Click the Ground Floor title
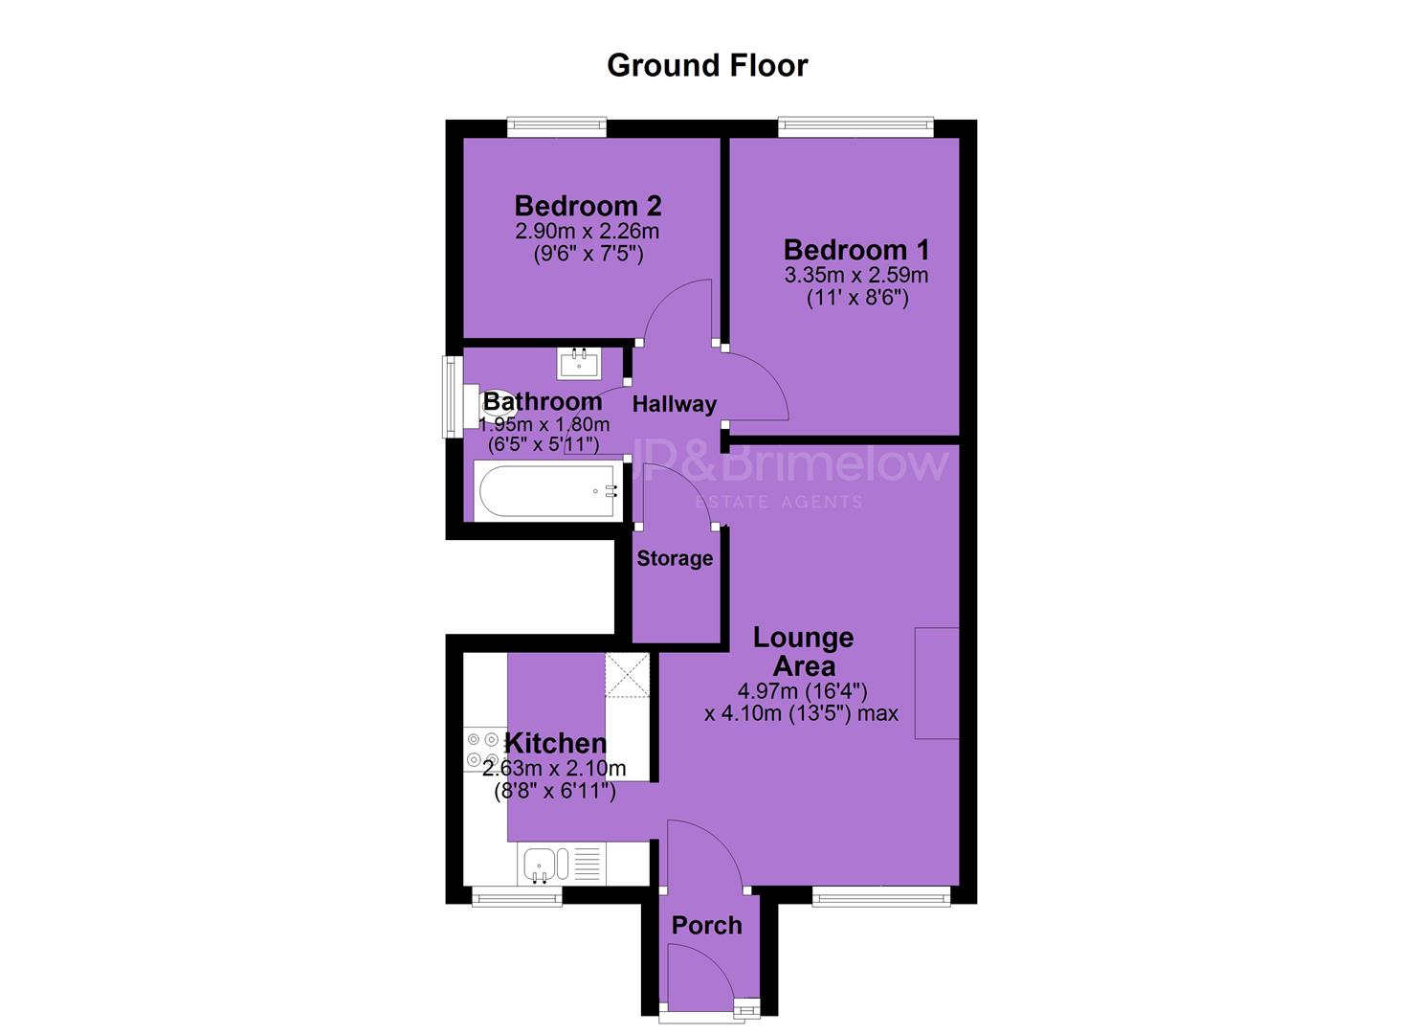707,65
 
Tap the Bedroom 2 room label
588,206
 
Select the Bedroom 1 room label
856,250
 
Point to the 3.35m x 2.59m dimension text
856,276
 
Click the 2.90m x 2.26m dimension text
588,231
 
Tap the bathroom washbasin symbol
579,364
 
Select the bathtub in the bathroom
547,491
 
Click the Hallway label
675,404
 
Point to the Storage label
675,558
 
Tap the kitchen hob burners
484,749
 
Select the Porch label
707,926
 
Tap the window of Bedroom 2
556,127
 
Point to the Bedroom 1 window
855,127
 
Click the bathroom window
453,396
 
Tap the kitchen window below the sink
517,895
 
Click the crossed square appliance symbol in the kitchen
627,675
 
